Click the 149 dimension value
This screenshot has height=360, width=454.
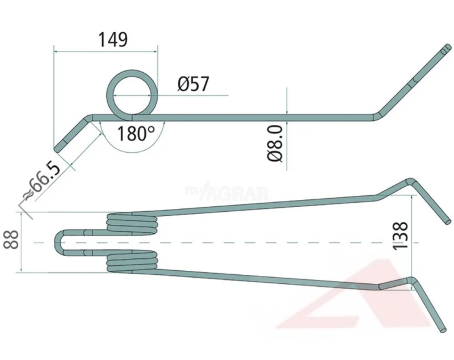[x=113, y=40]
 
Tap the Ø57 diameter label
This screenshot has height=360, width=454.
[x=193, y=83]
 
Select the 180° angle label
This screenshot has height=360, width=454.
[x=136, y=133]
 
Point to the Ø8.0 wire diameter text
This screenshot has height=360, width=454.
[x=275, y=143]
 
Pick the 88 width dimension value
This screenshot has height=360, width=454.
[x=11, y=240]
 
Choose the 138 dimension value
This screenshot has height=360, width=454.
[x=400, y=236]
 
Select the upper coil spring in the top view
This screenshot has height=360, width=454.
[x=132, y=224]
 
